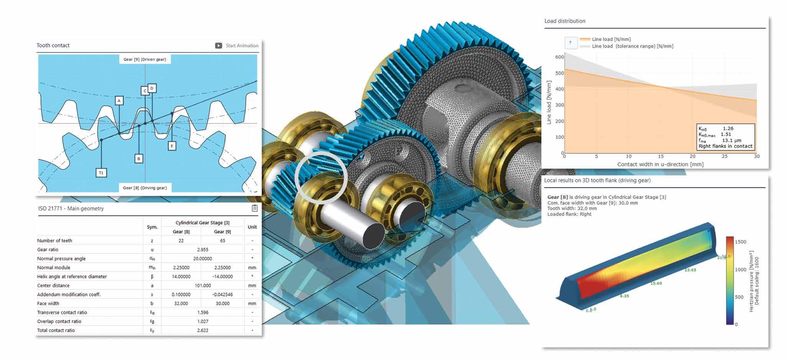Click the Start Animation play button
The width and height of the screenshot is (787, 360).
pyautogui.click(x=219, y=46)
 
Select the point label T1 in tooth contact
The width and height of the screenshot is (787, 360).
pyautogui.click(x=101, y=173)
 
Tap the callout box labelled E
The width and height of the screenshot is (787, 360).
pyautogui.click(x=172, y=146)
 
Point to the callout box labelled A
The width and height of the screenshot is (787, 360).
pyautogui.click(x=119, y=101)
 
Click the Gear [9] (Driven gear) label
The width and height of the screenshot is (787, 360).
pyautogui.click(x=145, y=59)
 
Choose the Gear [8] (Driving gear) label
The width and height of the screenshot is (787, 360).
pyautogui.click(x=145, y=188)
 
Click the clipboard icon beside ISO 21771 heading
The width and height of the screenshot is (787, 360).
pyautogui.click(x=255, y=208)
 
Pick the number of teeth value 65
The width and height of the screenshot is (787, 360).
pyautogui.click(x=223, y=241)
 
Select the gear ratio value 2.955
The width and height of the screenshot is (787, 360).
pyautogui.click(x=203, y=250)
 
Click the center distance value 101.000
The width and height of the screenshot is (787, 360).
pyautogui.click(x=203, y=286)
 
